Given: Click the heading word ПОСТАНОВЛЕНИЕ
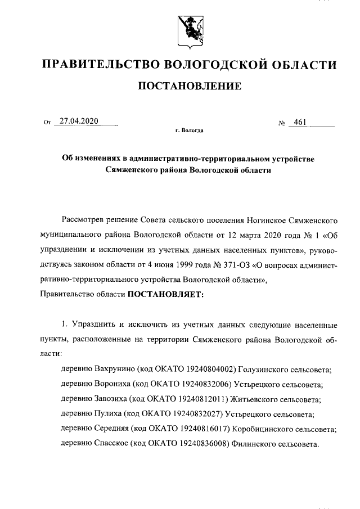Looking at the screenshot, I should [x=190, y=86].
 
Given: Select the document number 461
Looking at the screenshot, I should [x=298, y=121].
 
